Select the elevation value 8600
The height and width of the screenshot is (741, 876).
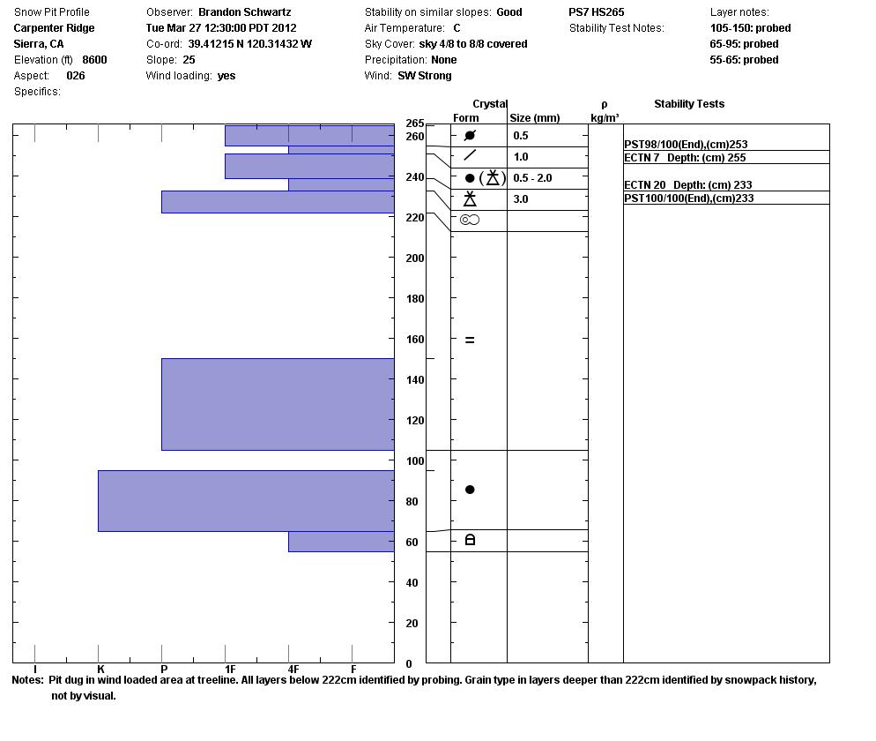point(94,60)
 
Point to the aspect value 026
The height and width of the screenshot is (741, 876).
point(76,76)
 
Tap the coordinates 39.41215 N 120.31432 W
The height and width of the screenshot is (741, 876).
point(250,44)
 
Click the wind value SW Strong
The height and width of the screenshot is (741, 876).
point(425,76)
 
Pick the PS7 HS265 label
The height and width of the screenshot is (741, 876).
point(597,12)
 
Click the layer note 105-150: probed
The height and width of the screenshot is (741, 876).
point(750,28)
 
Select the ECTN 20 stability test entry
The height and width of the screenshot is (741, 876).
point(687,185)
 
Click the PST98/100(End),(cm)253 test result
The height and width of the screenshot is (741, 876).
point(686,145)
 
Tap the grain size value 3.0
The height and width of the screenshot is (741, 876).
point(521,199)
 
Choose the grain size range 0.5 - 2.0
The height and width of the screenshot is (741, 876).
point(532,178)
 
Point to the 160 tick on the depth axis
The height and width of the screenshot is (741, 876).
point(414,340)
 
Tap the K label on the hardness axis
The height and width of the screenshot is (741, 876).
point(100,670)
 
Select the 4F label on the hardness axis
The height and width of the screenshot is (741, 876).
point(293,670)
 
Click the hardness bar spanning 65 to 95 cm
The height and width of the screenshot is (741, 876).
point(246,501)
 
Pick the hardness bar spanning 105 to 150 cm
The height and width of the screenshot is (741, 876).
point(278,404)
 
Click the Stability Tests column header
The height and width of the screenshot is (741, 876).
point(689,104)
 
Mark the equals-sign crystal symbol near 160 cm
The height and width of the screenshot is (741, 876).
point(470,340)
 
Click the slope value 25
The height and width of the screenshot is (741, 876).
point(189,60)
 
